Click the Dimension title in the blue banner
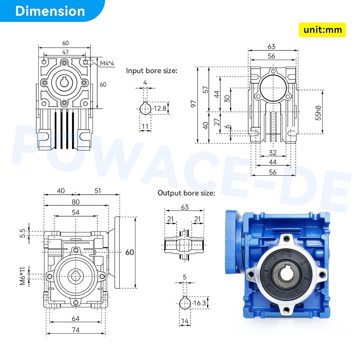tap(50, 11)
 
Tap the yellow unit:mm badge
tap(322, 30)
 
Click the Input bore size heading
tap(152, 71)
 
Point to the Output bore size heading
tap(186, 193)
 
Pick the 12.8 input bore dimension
tap(160, 108)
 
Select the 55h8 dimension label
tap(319, 113)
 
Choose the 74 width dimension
tap(75, 330)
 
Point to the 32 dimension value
tap(273, 153)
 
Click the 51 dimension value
tap(98, 191)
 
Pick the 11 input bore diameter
tap(145, 126)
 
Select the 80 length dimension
tap(76, 202)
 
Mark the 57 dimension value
tap(206, 89)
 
